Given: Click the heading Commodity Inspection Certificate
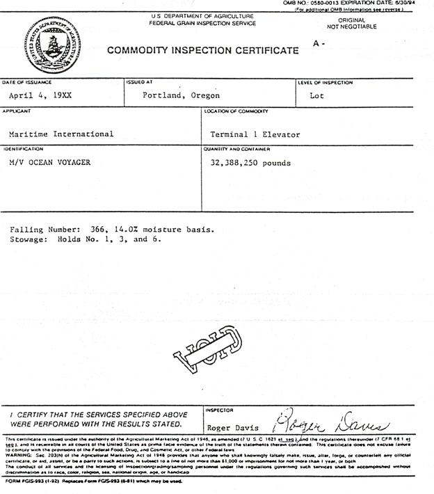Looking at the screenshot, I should (203, 51).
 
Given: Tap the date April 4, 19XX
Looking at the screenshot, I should (40, 96).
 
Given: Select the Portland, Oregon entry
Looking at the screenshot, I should (181, 96).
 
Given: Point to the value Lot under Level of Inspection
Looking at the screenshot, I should (316, 96).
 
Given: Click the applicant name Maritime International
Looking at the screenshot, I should (61, 134).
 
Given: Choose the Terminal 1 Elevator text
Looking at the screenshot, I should (255, 134).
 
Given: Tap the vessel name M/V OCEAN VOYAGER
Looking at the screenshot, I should (49, 163).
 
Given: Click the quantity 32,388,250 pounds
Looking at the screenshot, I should (250, 164).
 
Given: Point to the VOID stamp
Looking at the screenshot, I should (209, 349).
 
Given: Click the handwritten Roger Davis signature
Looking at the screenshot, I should (331, 424).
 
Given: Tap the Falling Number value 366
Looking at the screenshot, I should (99, 229).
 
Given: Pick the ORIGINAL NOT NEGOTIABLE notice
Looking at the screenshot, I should (351, 24).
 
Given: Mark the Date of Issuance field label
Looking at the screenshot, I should (26, 82).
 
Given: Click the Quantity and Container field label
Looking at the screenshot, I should (237, 149).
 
